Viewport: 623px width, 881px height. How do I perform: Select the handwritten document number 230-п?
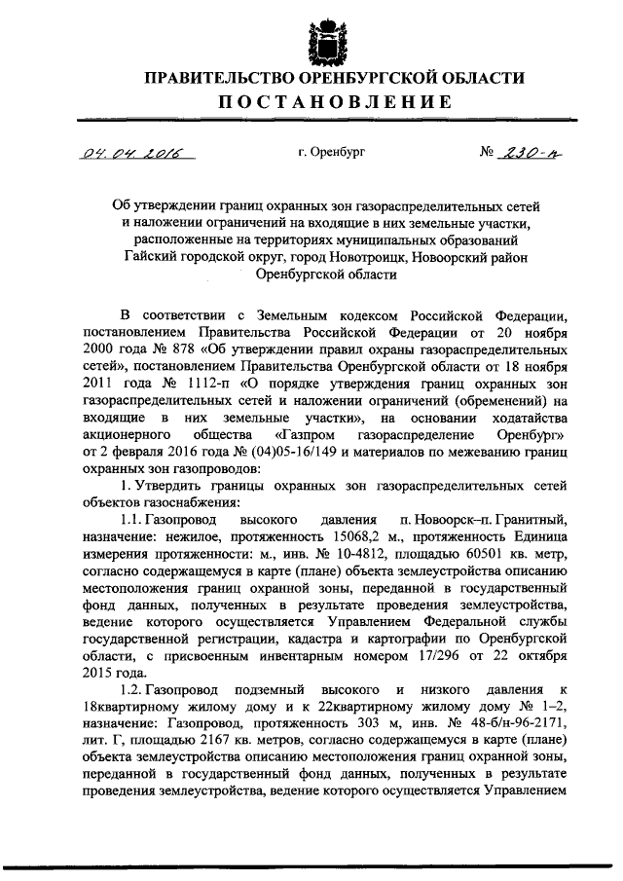[531, 153]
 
